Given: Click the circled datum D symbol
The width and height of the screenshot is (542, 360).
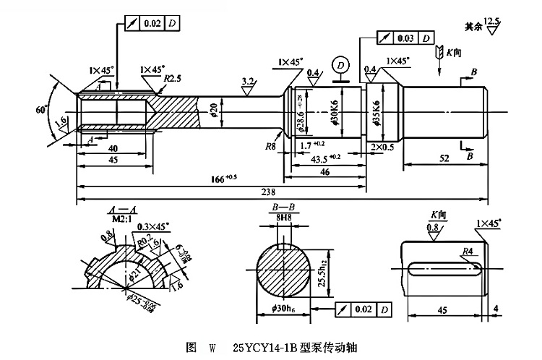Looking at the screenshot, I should [338, 66].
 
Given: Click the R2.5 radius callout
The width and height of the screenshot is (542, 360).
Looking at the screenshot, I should [172, 77].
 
